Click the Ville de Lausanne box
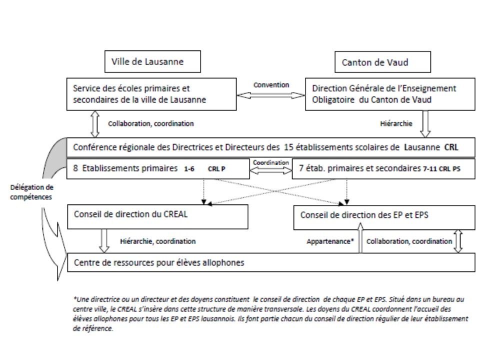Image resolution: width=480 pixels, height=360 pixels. pyautogui.click(x=152, y=61)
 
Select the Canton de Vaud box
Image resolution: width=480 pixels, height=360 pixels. pyautogui.click(x=382, y=62)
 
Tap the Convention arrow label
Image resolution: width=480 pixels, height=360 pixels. pyautogui.click(x=271, y=85)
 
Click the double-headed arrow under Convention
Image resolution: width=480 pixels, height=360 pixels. pyautogui.click(x=271, y=95)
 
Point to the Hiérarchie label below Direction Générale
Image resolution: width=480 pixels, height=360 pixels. pyautogui.click(x=396, y=123)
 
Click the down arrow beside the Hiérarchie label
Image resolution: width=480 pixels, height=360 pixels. pyautogui.click(x=425, y=124)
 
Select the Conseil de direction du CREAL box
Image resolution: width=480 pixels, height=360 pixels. pyautogui.click(x=157, y=216)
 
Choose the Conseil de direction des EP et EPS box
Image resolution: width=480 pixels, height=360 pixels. pyautogui.click(x=384, y=217)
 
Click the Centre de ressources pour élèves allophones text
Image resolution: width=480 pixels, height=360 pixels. pyautogui.click(x=159, y=262)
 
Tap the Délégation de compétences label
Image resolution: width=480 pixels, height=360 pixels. pyautogui.click(x=31, y=192)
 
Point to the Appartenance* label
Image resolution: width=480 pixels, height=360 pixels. pyautogui.click(x=330, y=241)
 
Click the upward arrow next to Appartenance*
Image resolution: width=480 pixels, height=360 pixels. pyautogui.click(x=360, y=238)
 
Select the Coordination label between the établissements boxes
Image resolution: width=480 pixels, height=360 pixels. pyautogui.click(x=271, y=162)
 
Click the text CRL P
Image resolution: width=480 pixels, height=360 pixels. pyautogui.click(x=216, y=168)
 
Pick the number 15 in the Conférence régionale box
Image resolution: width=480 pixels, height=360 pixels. pyautogui.click(x=288, y=147)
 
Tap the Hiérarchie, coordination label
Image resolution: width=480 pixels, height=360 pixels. pyautogui.click(x=157, y=241)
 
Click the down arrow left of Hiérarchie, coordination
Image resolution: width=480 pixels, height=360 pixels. pyautogui.click(x=104, y=241)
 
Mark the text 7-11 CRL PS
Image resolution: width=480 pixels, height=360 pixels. pyautogui.click(x=441, y=168)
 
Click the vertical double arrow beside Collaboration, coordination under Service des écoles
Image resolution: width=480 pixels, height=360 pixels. pyautogui.click(x=95, y=124)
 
